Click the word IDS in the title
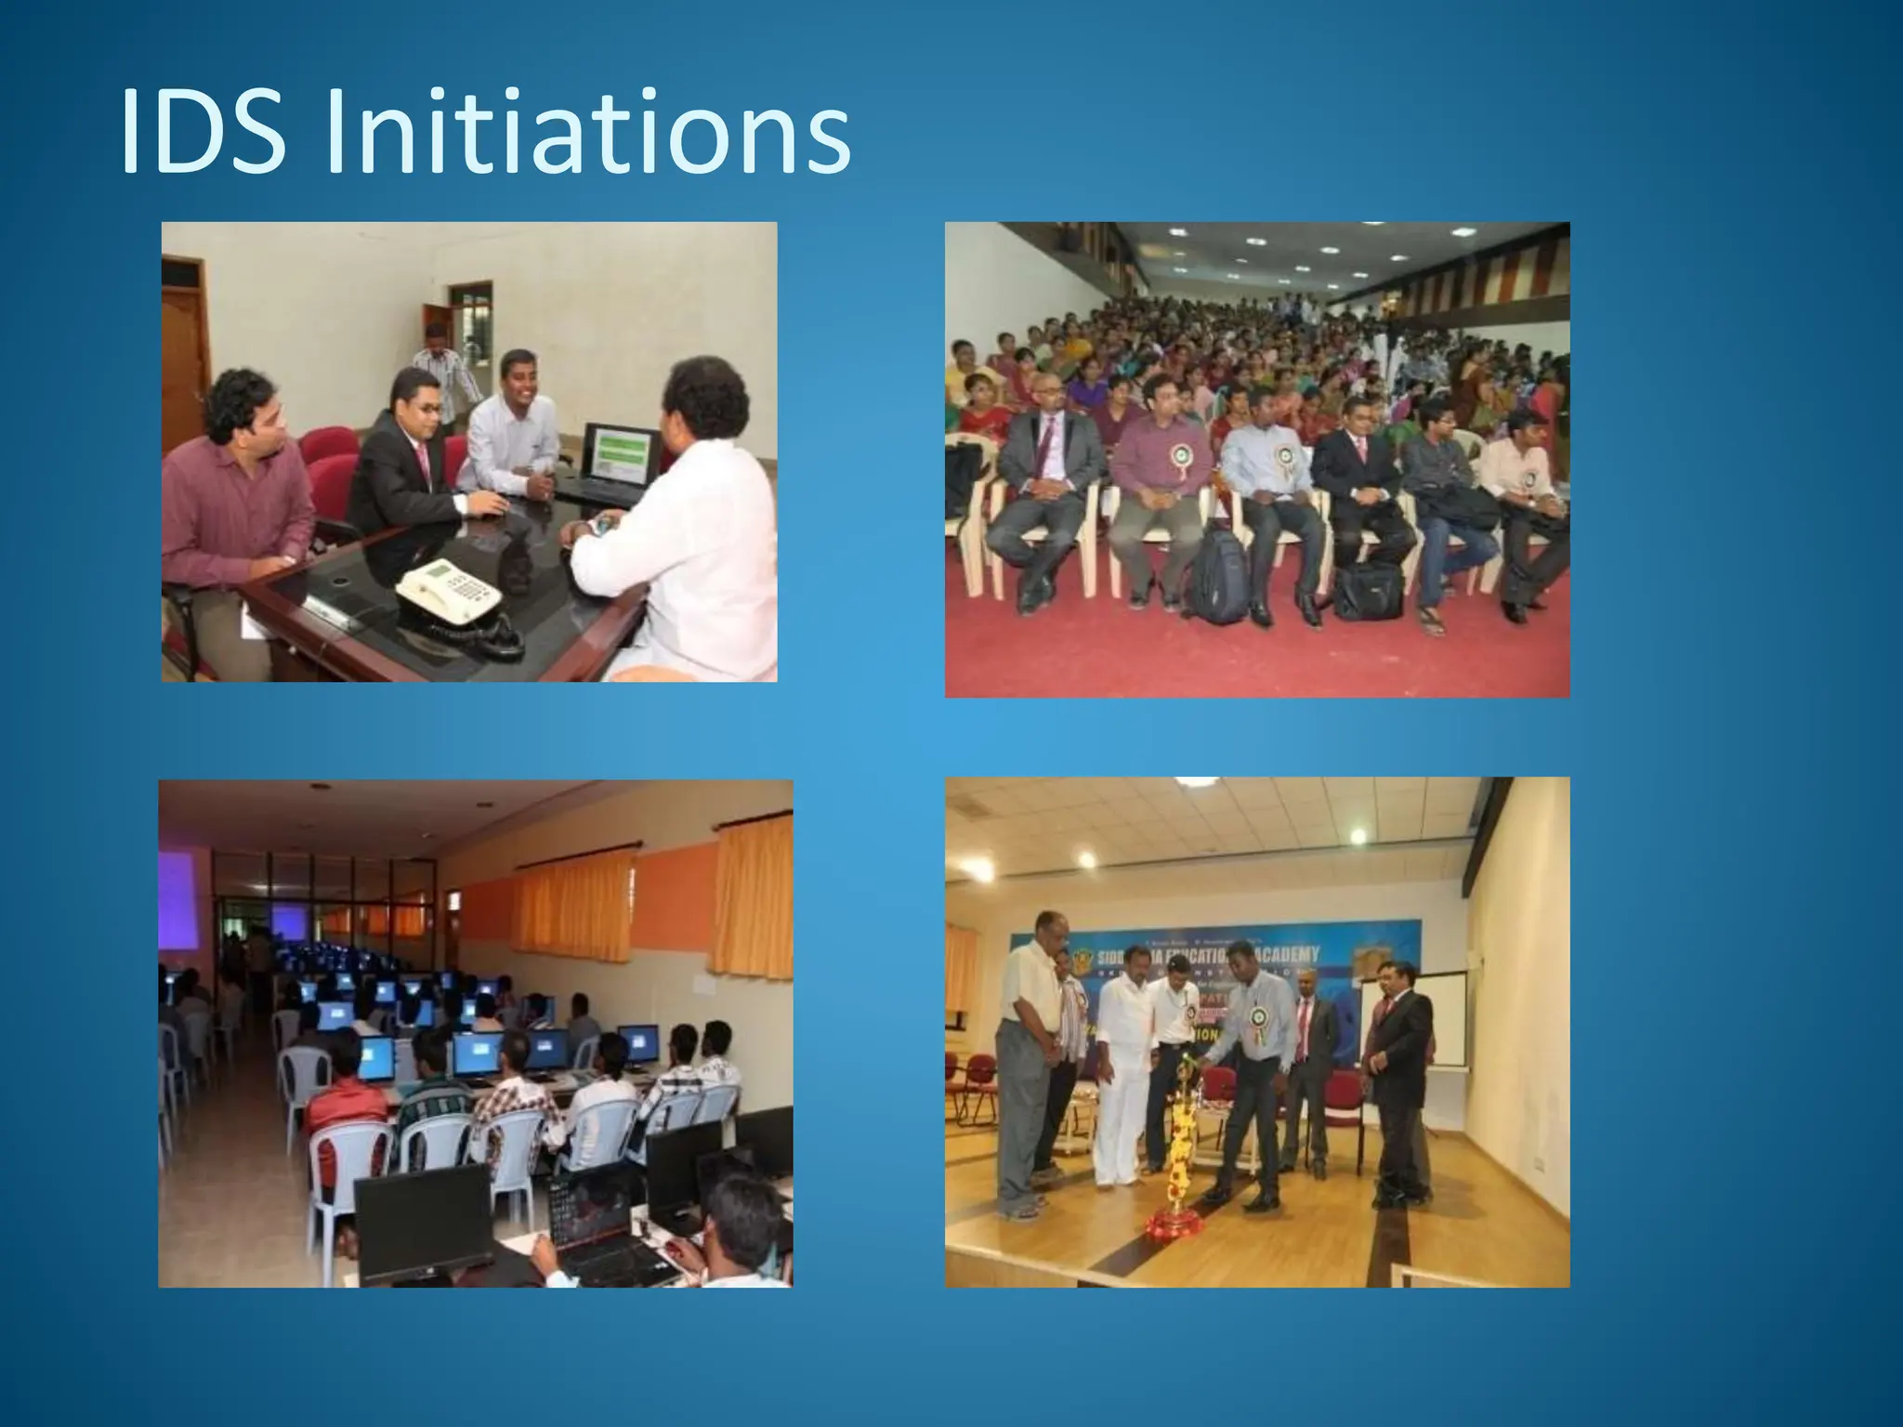point(202,132)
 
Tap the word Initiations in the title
point(586,132)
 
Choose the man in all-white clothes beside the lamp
point(1120,1078)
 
